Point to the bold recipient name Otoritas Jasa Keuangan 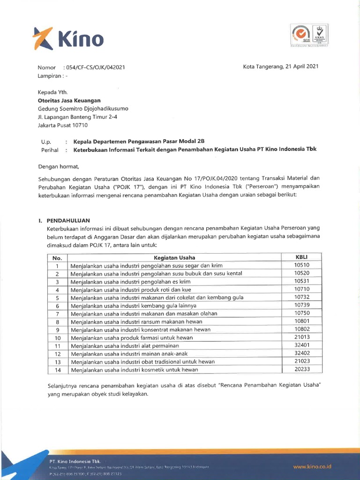tap(69, 100)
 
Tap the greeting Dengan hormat tap(59, 166)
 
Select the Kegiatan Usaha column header tap(174, 257)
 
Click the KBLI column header tap(301, 257)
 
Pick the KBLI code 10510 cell tap(301, 265)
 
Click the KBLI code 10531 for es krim tap(301, 281)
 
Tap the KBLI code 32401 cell tap(301, 345)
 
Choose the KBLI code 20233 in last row tap(301, 369)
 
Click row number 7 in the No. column tap(58, 314)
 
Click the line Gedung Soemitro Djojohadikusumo tap(83, 109)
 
